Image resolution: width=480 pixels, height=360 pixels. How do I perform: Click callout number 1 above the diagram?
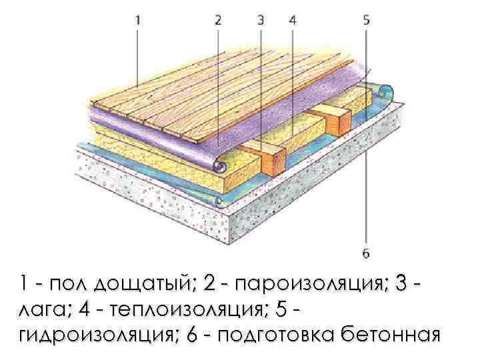(137, 20)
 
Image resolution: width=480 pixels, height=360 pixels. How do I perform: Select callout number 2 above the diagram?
(218, 20)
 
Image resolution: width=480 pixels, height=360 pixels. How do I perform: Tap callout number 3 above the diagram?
(261, 20)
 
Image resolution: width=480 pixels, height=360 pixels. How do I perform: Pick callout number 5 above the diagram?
(366, 20)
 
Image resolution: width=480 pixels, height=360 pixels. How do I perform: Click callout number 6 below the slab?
(366, 253)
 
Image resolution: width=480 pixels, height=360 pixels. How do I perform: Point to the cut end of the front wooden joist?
(273, 158)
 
